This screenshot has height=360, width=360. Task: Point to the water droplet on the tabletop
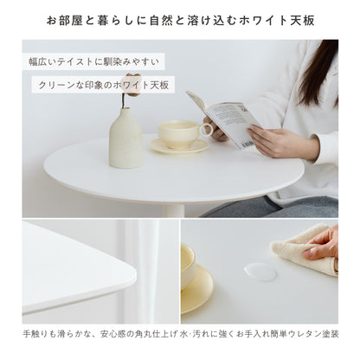coord(259,271)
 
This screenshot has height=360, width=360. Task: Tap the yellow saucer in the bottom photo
coord(197,290)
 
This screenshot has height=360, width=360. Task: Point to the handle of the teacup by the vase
coord(206,130)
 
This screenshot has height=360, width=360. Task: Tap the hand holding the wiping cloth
coord(324,243)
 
